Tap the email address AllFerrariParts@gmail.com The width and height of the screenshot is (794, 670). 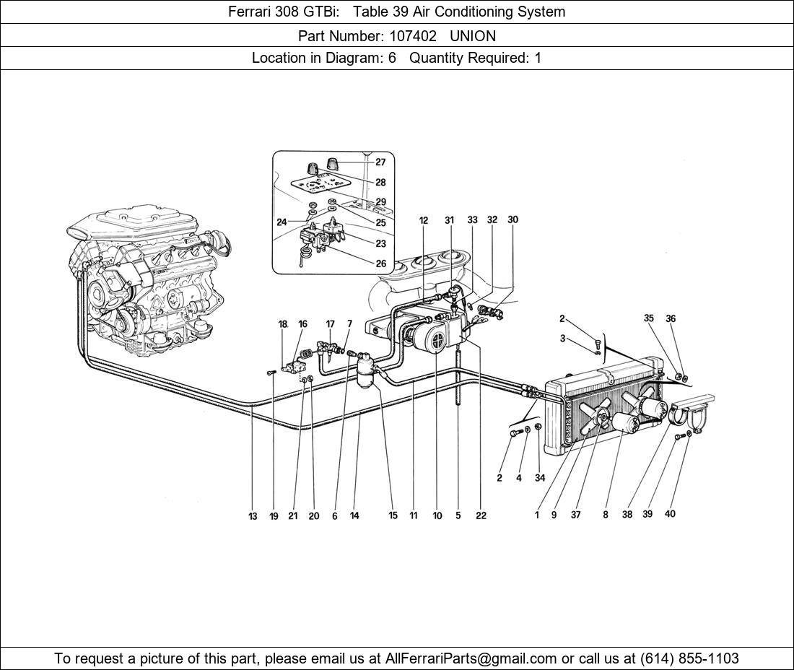pyautogui.click(x=471, y=658)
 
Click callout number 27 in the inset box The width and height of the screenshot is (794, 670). pyautogui.click(x=380, y=162)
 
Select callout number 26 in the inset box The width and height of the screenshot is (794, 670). pyautogui.click(x=380, y=264)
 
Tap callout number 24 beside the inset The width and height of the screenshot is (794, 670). pyautogui.click(x=282, y=222)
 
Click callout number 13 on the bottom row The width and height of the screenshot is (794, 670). pyautogui.click(x=253, y=516)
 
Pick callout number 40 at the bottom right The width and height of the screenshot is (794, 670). pyautogui.click(x=670, y=514)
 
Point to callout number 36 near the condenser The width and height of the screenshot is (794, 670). pyautogui.click(x=671, y=318)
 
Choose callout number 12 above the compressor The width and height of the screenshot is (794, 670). pyautogui.click(x=424, y=220)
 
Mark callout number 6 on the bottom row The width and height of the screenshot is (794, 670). pyautogui.click(x=335, y=516)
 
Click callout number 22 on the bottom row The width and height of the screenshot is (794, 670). pyautogui.click(x=481, y=515)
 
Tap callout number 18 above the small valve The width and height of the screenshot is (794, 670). pyautogui.click(x=283, y=324)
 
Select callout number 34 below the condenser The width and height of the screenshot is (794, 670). pyautogui.click(x=540, y=477)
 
